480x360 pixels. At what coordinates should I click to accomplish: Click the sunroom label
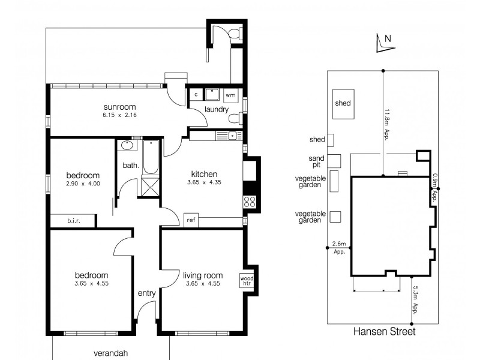119,107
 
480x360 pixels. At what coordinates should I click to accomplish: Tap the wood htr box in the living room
247,280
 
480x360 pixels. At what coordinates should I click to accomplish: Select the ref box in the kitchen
191,220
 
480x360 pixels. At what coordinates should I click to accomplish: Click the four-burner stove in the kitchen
250,202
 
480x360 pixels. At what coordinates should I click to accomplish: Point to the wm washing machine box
230,95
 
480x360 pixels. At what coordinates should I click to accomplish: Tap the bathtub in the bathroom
151,157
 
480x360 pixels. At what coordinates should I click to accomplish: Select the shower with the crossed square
151,187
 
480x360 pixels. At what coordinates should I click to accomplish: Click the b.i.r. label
74,221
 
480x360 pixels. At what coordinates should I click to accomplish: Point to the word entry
146,293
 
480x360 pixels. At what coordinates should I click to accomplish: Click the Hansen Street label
385,332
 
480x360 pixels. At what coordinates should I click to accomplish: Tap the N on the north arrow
388,39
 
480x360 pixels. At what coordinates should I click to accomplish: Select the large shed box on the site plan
343,104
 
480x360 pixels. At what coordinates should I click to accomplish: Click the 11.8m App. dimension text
387,125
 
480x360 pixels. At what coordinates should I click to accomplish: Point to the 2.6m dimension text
339,244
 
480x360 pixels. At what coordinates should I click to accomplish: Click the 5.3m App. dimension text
415,300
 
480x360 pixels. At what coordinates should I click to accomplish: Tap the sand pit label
316,161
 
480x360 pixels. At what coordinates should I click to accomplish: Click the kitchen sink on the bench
232,136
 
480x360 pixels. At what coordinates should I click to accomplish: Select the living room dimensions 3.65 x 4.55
203,283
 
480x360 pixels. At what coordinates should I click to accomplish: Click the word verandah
110,353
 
